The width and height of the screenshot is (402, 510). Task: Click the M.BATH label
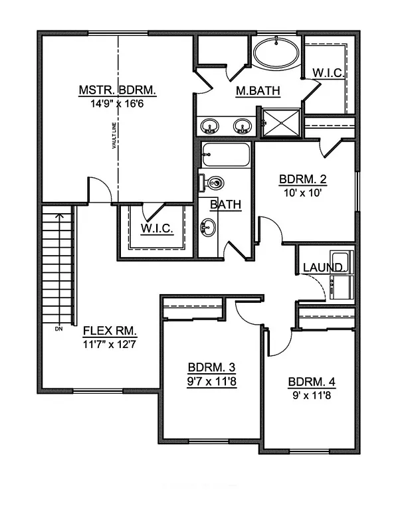(258, 91)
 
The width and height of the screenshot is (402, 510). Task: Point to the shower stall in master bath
(280, 121)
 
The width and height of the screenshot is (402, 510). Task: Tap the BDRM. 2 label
(302, 179)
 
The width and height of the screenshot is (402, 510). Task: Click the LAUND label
(322, 268)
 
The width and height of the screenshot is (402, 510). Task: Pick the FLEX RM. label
(109, 331)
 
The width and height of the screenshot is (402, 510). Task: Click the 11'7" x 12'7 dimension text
(109, 344)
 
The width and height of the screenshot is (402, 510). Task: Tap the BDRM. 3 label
(211, 368)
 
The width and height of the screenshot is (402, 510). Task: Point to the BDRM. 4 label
(312, 382)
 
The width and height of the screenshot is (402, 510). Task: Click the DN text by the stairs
(58, 328)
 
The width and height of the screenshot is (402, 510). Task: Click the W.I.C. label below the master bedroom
(157, 229)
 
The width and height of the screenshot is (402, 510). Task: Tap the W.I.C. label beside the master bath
(328, 73)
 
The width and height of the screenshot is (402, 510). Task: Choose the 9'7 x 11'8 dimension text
(211, 381)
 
